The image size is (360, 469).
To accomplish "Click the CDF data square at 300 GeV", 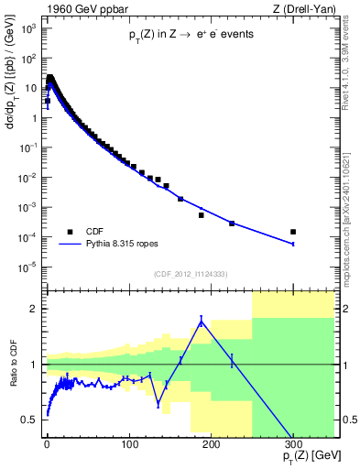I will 293,232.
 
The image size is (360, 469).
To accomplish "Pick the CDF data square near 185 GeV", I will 201,215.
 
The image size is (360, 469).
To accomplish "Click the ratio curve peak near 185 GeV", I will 201,321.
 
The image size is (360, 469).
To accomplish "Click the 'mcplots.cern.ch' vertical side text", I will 352,211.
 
